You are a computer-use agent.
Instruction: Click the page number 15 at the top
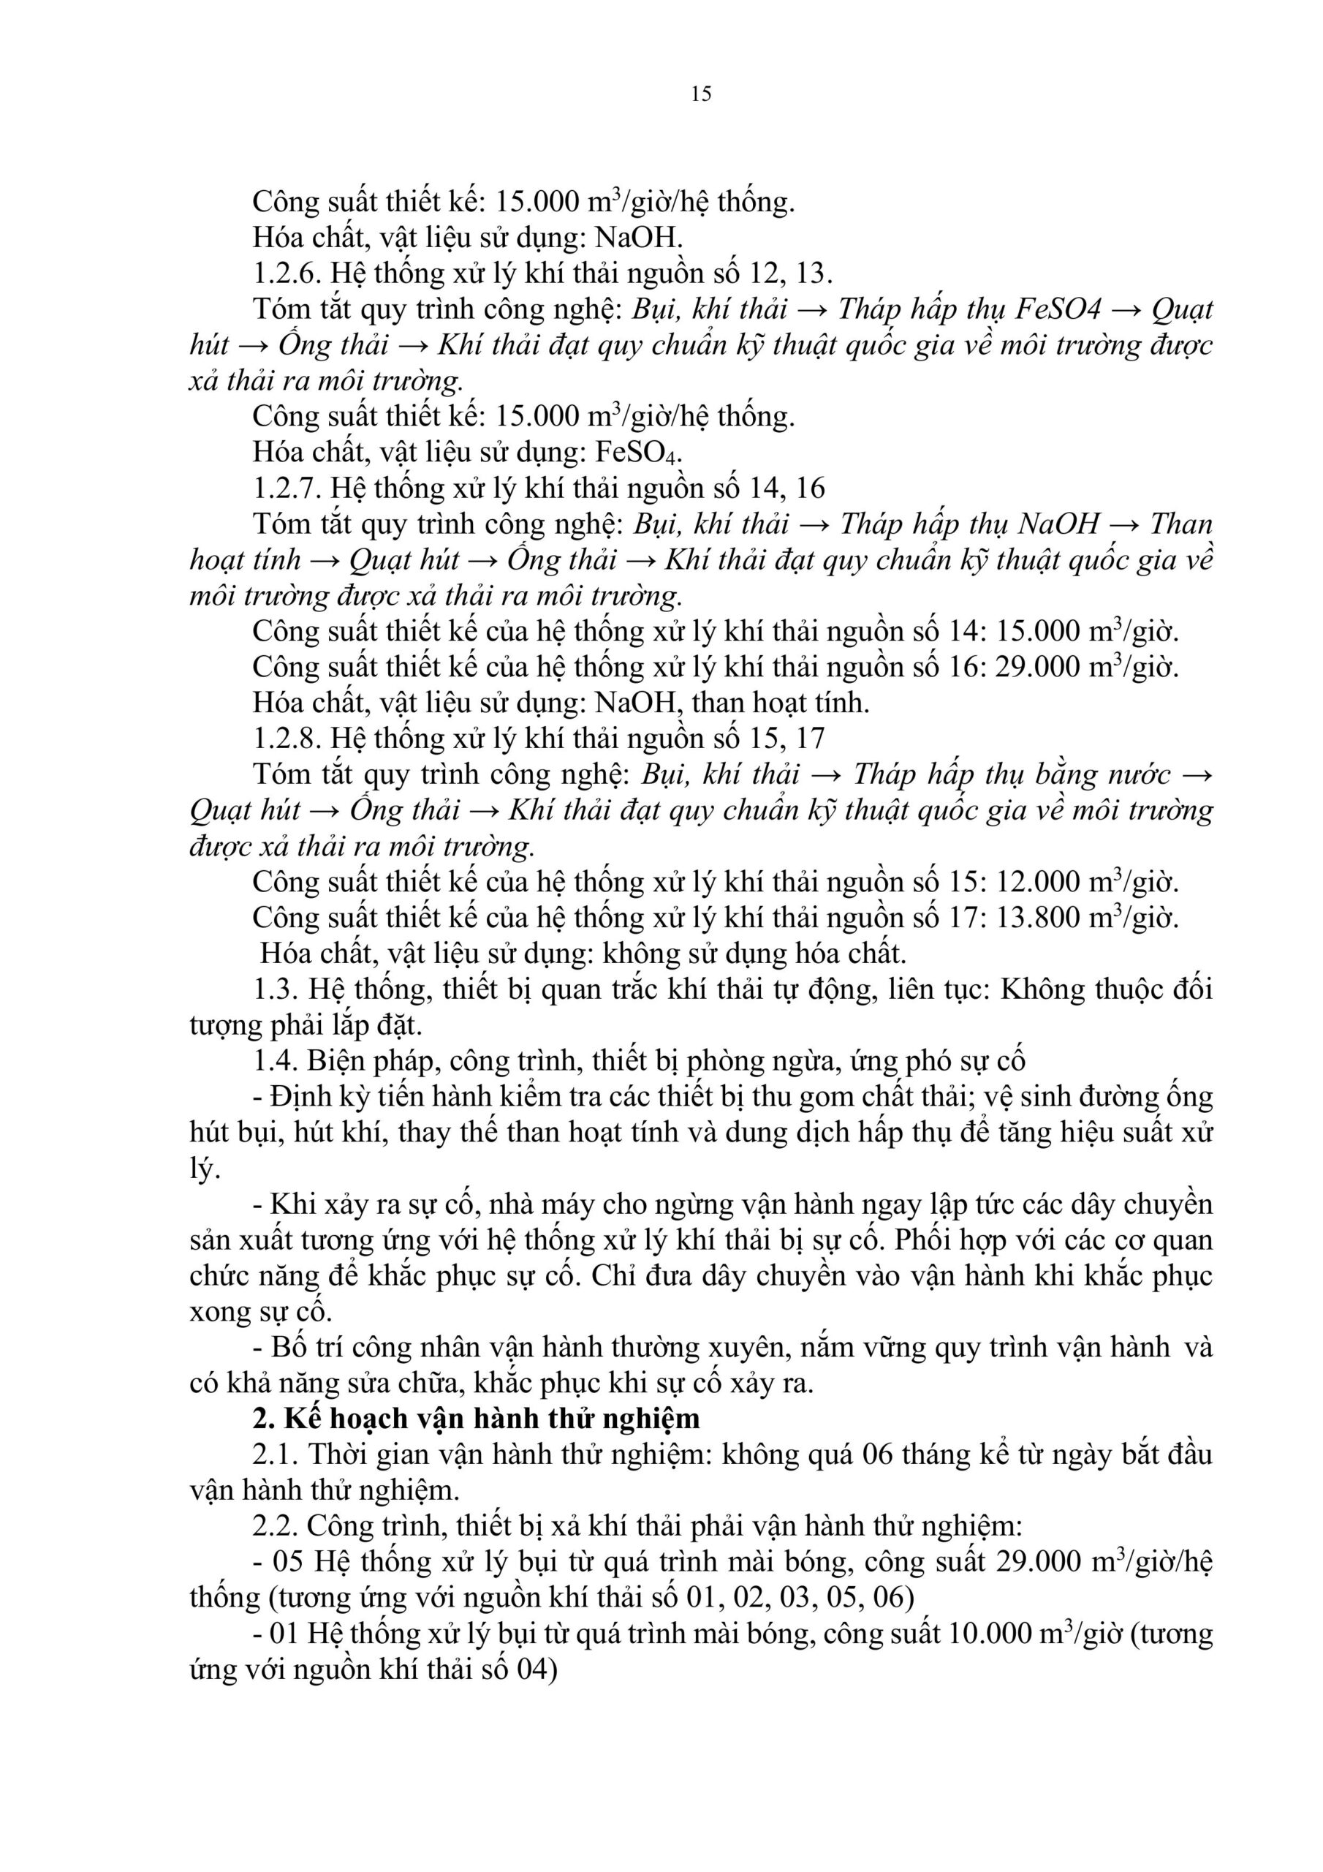coord(701,94)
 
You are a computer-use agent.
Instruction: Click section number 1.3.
coord(275,990)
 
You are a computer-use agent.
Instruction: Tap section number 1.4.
coord(275,1061)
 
